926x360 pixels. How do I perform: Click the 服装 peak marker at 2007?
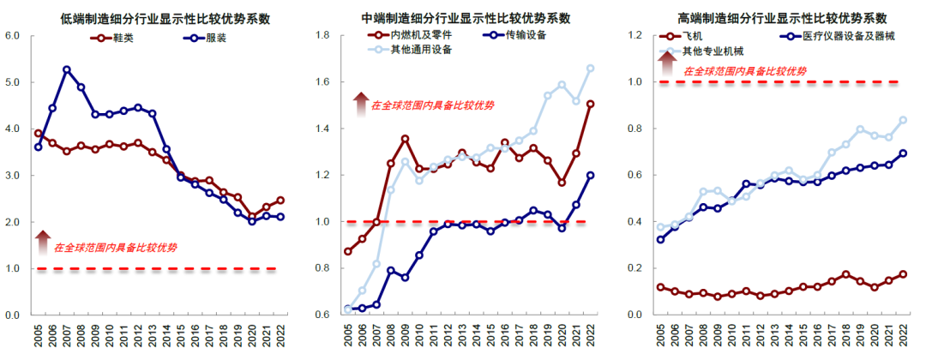pyautogui.click(x=67, y=69)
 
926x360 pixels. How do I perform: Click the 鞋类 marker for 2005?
pyautogui.click(x=38, y=134)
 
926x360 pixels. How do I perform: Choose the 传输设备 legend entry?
pyautogui.click(x=514, y=35)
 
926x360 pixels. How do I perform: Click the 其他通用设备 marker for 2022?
pyautogui.click(x=590, y=68)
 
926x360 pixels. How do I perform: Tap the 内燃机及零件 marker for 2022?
pyautogui.click(x=590, y=105)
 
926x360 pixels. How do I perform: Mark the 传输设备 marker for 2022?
pyautogui.click(x=590, y=175)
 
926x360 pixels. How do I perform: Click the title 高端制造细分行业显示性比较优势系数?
pyautogui.click(x=781, y=18)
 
